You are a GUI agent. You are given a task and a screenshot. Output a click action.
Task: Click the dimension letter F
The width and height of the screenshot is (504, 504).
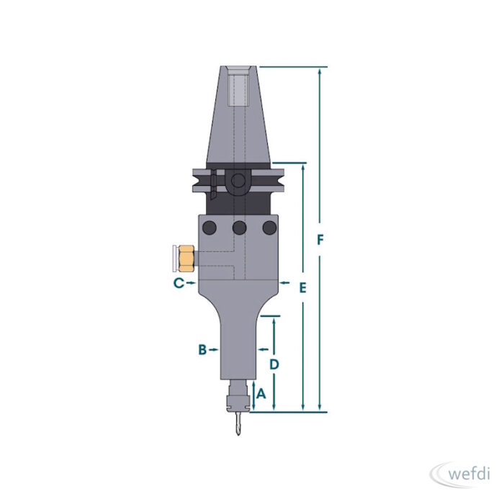tap(320, 240)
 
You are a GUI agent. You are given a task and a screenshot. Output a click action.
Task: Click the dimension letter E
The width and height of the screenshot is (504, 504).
tap(303, 288)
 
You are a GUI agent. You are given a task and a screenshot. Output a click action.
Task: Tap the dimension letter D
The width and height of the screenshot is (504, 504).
tap(274, 364)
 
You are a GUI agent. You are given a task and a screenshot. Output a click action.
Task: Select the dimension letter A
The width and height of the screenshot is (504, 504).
tap(261, 393)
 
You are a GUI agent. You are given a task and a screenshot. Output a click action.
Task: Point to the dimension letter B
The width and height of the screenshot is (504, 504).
tap(202, 349)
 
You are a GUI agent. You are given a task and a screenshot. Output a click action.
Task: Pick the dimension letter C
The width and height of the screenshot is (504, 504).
tap(179, 283)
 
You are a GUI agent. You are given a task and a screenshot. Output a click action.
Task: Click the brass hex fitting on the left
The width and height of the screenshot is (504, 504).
tap(186, 258)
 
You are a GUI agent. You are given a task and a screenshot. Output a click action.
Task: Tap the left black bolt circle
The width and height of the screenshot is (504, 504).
tap(210, 228)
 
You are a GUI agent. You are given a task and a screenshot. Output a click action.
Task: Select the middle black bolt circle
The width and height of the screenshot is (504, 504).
tap(239, 228)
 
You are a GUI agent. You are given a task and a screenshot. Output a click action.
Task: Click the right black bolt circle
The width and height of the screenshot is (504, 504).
tap(269, 228)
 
